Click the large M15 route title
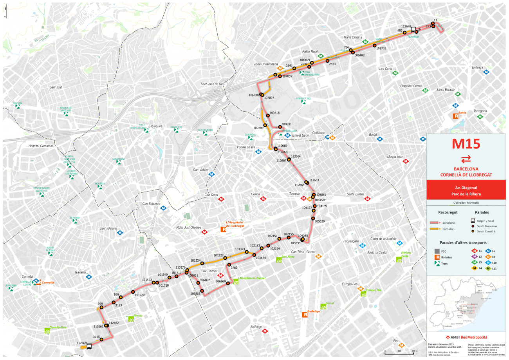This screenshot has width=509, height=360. tap(466, 144)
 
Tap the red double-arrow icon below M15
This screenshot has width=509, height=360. tap(466, 159)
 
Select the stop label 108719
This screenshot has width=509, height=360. tap(381, 49)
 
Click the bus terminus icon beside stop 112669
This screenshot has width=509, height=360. tap(89, 346)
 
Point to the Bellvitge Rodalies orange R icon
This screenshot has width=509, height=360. tap(305, 315)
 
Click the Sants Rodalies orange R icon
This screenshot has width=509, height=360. tap(456, 116)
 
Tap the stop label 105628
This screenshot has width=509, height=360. tap(319, 221)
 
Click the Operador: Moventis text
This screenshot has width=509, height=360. tap(466, 203)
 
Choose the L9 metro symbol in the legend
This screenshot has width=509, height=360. tap(474, 257)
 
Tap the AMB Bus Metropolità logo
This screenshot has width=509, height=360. tap(466, 337)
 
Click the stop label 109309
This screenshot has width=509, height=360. tap(259, 128)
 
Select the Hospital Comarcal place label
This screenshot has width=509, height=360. tap(40, 146)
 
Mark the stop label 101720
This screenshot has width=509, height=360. tap(140, 295)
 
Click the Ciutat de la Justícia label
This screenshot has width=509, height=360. tap(383, 239)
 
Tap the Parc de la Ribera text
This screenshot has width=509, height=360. tap(466, 194)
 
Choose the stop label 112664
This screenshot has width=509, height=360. tap(296, 156)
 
